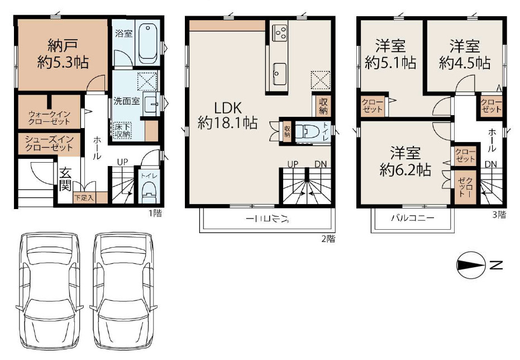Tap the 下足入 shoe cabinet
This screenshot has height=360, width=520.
click(84, 197)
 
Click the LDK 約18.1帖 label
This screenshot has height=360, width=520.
click(227, 115)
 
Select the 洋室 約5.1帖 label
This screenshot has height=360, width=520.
click(390, 54)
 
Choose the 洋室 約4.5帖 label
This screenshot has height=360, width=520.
click(465, 54)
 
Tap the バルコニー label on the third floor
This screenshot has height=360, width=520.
click(412, 219)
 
